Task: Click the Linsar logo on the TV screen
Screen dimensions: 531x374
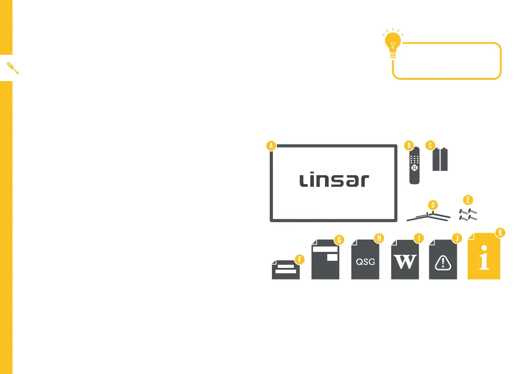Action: [334, 181]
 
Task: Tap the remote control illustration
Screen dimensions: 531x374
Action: [415, 169]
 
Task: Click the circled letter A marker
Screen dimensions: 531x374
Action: [271, 145]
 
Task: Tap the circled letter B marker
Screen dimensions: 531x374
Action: [409, 145]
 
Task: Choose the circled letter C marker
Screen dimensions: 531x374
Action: [430, 145]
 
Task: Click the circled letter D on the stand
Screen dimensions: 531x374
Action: [432, 205]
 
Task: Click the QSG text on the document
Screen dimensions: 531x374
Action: [365, 262]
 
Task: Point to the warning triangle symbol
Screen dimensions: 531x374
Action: [443, 263]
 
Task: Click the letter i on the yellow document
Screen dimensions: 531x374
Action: [484, 261]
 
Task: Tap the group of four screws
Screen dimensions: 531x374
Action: [468, 214]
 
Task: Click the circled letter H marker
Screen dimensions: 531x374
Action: [379, 238]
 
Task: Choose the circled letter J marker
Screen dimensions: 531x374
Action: [456, 238]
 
